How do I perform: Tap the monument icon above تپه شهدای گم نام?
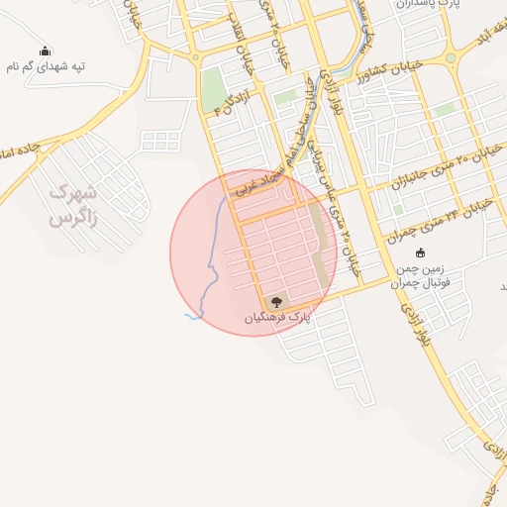[45, 51]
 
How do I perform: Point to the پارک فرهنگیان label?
[278, 317]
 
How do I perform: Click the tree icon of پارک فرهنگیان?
[276, 301]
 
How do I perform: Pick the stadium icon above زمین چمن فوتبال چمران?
[420, 253]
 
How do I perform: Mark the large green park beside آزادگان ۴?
[213, 91]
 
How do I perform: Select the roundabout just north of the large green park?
[195, 57]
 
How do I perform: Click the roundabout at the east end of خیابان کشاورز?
[451, 57]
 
